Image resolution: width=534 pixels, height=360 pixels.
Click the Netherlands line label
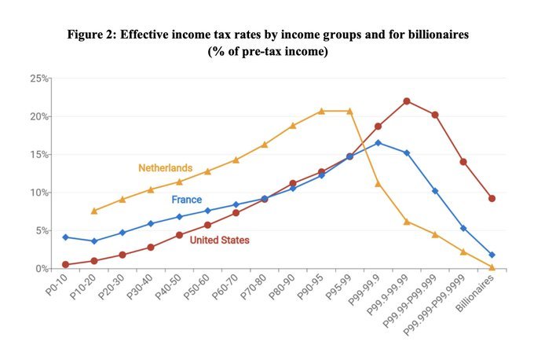pos(165,167)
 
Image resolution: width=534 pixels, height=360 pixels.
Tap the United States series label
pos(220,240)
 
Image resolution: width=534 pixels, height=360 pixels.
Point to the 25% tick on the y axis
pos(39,79)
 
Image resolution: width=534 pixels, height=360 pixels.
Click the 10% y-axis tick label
pos(39,193)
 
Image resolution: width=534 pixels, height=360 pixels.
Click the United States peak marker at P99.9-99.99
pos(407,101)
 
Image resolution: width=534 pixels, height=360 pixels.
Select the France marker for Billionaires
pos(492,255)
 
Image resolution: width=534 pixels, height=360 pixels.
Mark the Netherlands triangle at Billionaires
pos(492,267)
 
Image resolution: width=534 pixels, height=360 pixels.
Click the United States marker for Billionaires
pos(492,198)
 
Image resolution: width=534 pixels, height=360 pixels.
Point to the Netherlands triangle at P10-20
pos(94,211)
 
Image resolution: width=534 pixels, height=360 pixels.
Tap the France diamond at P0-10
pos(66,237)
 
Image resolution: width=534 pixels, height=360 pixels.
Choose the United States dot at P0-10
pos(66,265)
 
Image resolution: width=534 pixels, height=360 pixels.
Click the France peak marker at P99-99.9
pos(378,143)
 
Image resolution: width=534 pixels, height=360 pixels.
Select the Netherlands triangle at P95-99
pos(349,111)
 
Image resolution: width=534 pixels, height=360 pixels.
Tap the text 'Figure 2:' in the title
pos(90,36)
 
